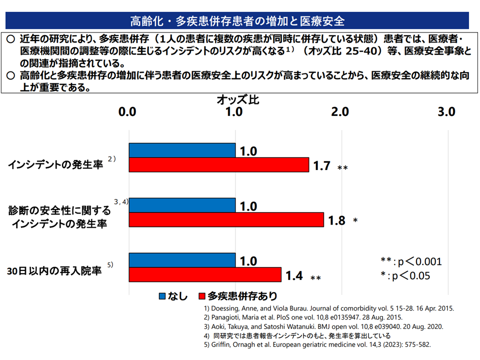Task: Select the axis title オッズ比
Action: pyautogui.click(x=238, y=99)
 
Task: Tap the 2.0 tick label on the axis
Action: pyautogui.click(x=340, y=112)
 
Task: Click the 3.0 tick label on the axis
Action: pyautogui.click(x=446, y=112)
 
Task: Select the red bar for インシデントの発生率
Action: pyautogui.click(x=219, y=165)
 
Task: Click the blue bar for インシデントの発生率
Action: pyautogui.click(x=182, y=150)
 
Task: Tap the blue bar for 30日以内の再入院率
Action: pyautogui.click(x=182, y=260)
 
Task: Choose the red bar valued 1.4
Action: pyautogui.click(x=205, y=275)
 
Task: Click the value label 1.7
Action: pyautogui.click(x=321, y=165)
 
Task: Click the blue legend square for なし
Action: pyautogui.click(x=162, y=296)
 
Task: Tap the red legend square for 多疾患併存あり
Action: pyautogui.click(x=202, y=296)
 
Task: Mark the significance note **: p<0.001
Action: pyautogui.click(x=411, y=261)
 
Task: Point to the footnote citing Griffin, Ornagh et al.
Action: pyautogui.click(x=317, y=345)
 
